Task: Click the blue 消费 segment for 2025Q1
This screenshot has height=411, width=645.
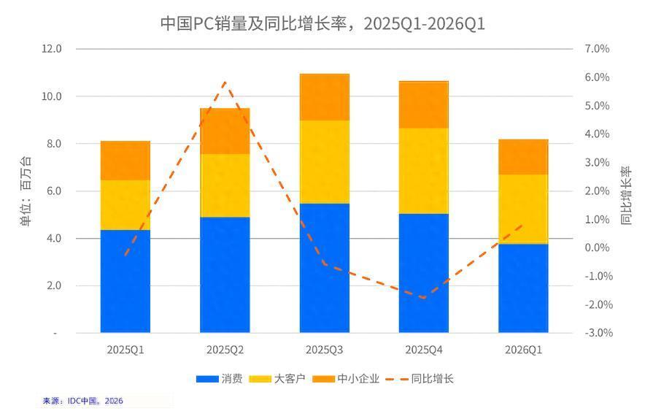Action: click(125, 281)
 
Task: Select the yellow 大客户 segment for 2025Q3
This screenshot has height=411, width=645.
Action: click(325, 161)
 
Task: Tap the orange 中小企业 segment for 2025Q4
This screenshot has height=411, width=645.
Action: click(424, 104)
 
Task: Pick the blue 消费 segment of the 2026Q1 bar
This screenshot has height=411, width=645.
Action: click(523, 288)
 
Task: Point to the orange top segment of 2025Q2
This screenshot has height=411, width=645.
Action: click(225, 131)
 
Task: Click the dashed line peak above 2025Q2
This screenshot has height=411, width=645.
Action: click(225, 82)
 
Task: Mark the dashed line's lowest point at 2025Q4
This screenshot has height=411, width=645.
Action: click(424, 298)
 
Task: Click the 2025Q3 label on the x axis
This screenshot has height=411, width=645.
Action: click(325, 350)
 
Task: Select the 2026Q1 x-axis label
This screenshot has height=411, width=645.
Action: click(523, 350)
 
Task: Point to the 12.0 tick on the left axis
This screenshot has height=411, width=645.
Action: click(52, 49)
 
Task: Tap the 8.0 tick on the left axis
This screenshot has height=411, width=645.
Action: click(55, 144)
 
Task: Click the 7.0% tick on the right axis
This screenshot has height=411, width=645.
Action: click(597, 49)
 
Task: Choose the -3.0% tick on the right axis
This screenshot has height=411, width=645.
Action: click(597, 333)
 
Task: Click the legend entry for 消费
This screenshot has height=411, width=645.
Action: click(220, 379)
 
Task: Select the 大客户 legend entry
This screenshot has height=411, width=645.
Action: click(272, 379)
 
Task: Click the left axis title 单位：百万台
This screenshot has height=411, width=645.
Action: click(26, 191)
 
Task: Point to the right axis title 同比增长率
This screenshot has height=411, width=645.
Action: click(626, 196)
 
